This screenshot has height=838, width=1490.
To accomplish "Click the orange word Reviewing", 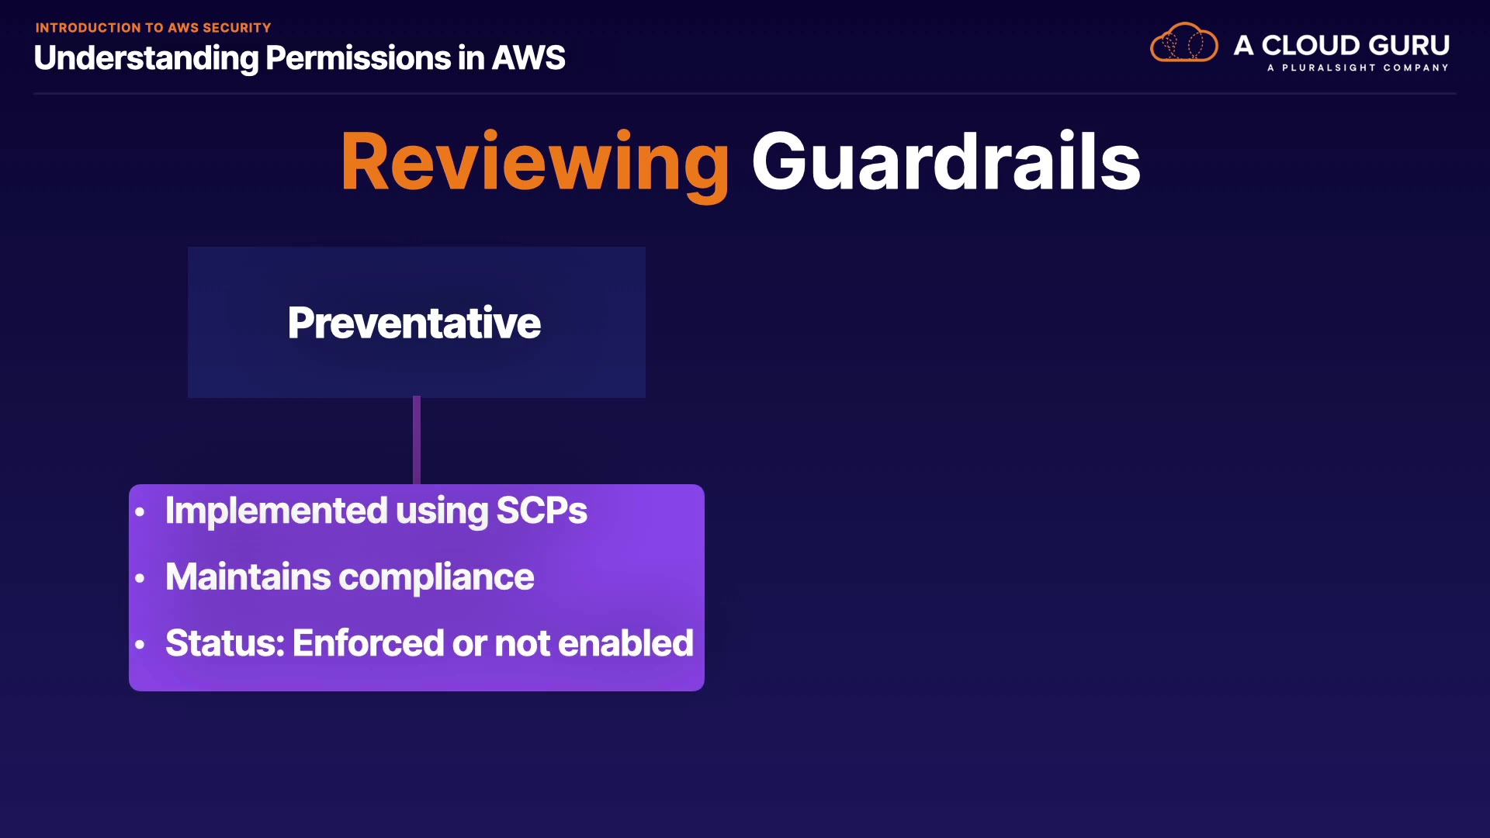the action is [535, 163].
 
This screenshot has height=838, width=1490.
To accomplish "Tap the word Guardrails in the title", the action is [946, 161].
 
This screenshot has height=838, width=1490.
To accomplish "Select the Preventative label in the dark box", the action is [414, 323].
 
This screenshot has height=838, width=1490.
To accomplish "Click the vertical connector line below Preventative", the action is [417, 441].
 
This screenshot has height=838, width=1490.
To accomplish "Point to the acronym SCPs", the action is [542, 511].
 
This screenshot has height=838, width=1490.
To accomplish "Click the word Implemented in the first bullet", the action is [276, 511].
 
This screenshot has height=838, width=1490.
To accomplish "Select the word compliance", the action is [437, 578].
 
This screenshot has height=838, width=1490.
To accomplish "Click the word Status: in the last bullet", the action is [225, 643].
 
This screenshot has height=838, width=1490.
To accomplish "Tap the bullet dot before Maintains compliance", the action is [140, 578].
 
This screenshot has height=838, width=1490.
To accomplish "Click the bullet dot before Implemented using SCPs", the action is [140, 512].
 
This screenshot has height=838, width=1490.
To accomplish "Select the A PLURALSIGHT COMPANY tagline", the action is [1358, 68].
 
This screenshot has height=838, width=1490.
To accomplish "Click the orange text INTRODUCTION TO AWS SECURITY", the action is [154, 28].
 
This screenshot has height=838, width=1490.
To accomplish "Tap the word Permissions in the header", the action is [358, 58].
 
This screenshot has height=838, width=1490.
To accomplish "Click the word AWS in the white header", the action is [528, 58].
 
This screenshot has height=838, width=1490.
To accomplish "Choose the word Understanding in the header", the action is [146, 59].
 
